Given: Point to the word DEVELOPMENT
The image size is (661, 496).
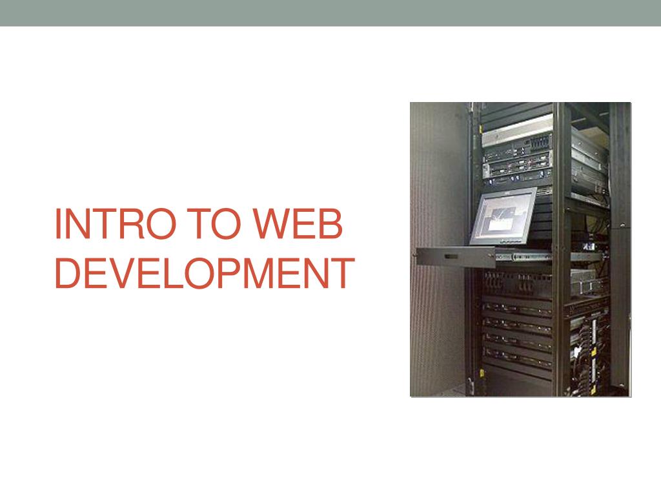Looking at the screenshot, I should click(x=204, y=272).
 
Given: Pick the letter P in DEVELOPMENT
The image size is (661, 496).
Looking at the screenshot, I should click(x=232, y=272).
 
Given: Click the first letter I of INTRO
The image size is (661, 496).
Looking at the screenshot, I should click(x=58, y=223).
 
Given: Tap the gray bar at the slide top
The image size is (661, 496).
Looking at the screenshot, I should click(x=330, y=13).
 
